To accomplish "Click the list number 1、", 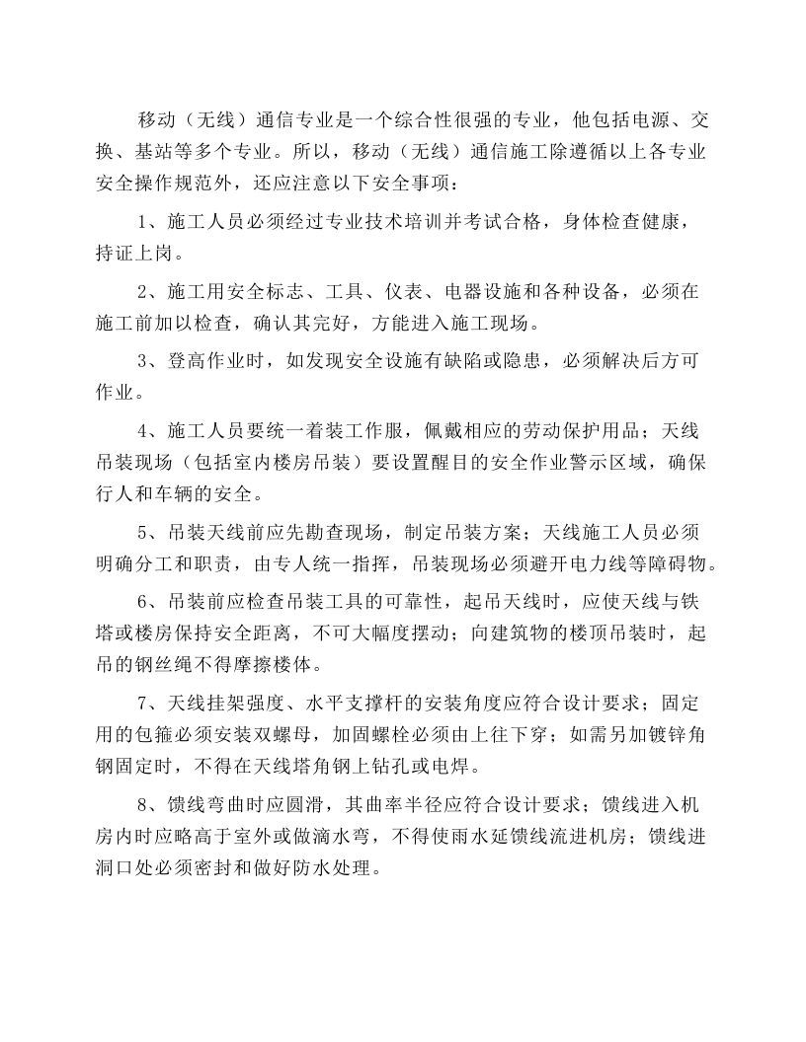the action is pos(149,222).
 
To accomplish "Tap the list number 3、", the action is pos(149,361).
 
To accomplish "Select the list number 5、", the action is pos(149,534).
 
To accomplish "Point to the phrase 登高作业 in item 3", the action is pos(213,361).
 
